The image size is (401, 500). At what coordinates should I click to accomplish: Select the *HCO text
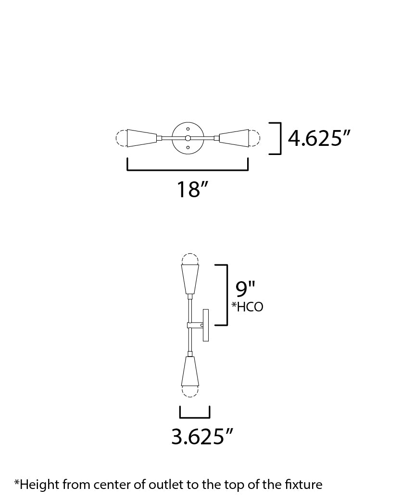pos(247,307)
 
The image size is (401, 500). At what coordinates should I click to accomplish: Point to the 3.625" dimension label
pos(202,437)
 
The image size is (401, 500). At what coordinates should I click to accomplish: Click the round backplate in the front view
pos(188,138)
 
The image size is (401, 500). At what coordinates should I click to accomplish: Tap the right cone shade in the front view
pos(234,138)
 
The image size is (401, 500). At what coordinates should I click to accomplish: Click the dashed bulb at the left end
pos(121,138)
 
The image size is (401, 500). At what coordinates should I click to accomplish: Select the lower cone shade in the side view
pos(190,372)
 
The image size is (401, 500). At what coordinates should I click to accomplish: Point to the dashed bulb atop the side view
pos(190,259)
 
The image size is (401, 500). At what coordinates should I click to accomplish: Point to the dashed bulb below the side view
pos(190,392)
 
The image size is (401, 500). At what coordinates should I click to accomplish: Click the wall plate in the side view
pos(206,325)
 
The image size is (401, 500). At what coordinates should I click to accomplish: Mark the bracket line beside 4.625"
pos(280,139)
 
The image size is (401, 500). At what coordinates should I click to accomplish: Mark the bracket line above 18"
pos(188,169)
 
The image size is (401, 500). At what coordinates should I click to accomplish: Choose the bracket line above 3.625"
pos(195,417)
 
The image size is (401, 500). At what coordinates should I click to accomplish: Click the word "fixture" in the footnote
pos(305,484)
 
